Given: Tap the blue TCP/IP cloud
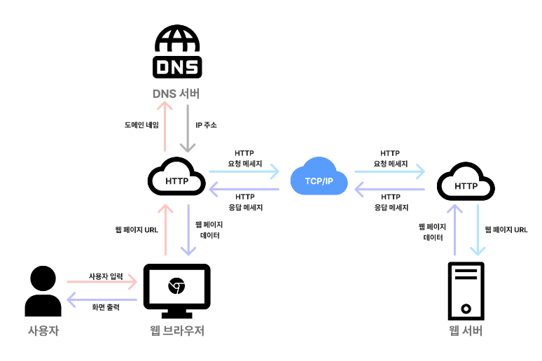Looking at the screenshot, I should tap(319, 178).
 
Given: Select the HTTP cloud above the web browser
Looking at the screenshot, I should tap(176, 179).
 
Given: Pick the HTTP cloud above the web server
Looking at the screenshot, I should tap(466, 184).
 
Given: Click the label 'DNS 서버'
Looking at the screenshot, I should tap(176, 93).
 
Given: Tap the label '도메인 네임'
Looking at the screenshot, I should tap(141, 125).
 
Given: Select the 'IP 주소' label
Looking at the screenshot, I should tap(206, 125).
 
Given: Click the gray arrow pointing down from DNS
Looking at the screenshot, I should tap(188, 126).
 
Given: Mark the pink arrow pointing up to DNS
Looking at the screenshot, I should tap(165, 126).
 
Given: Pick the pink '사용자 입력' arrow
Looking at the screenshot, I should tap(102, 283).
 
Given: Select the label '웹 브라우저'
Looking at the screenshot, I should tap(176, 330).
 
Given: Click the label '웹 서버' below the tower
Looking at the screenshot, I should tap(466, 330).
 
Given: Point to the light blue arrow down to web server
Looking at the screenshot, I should tap(478, 231).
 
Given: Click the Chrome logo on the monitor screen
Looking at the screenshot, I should tap(176, 285).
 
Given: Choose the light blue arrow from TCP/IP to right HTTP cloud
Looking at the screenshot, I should tap(390, 171).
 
